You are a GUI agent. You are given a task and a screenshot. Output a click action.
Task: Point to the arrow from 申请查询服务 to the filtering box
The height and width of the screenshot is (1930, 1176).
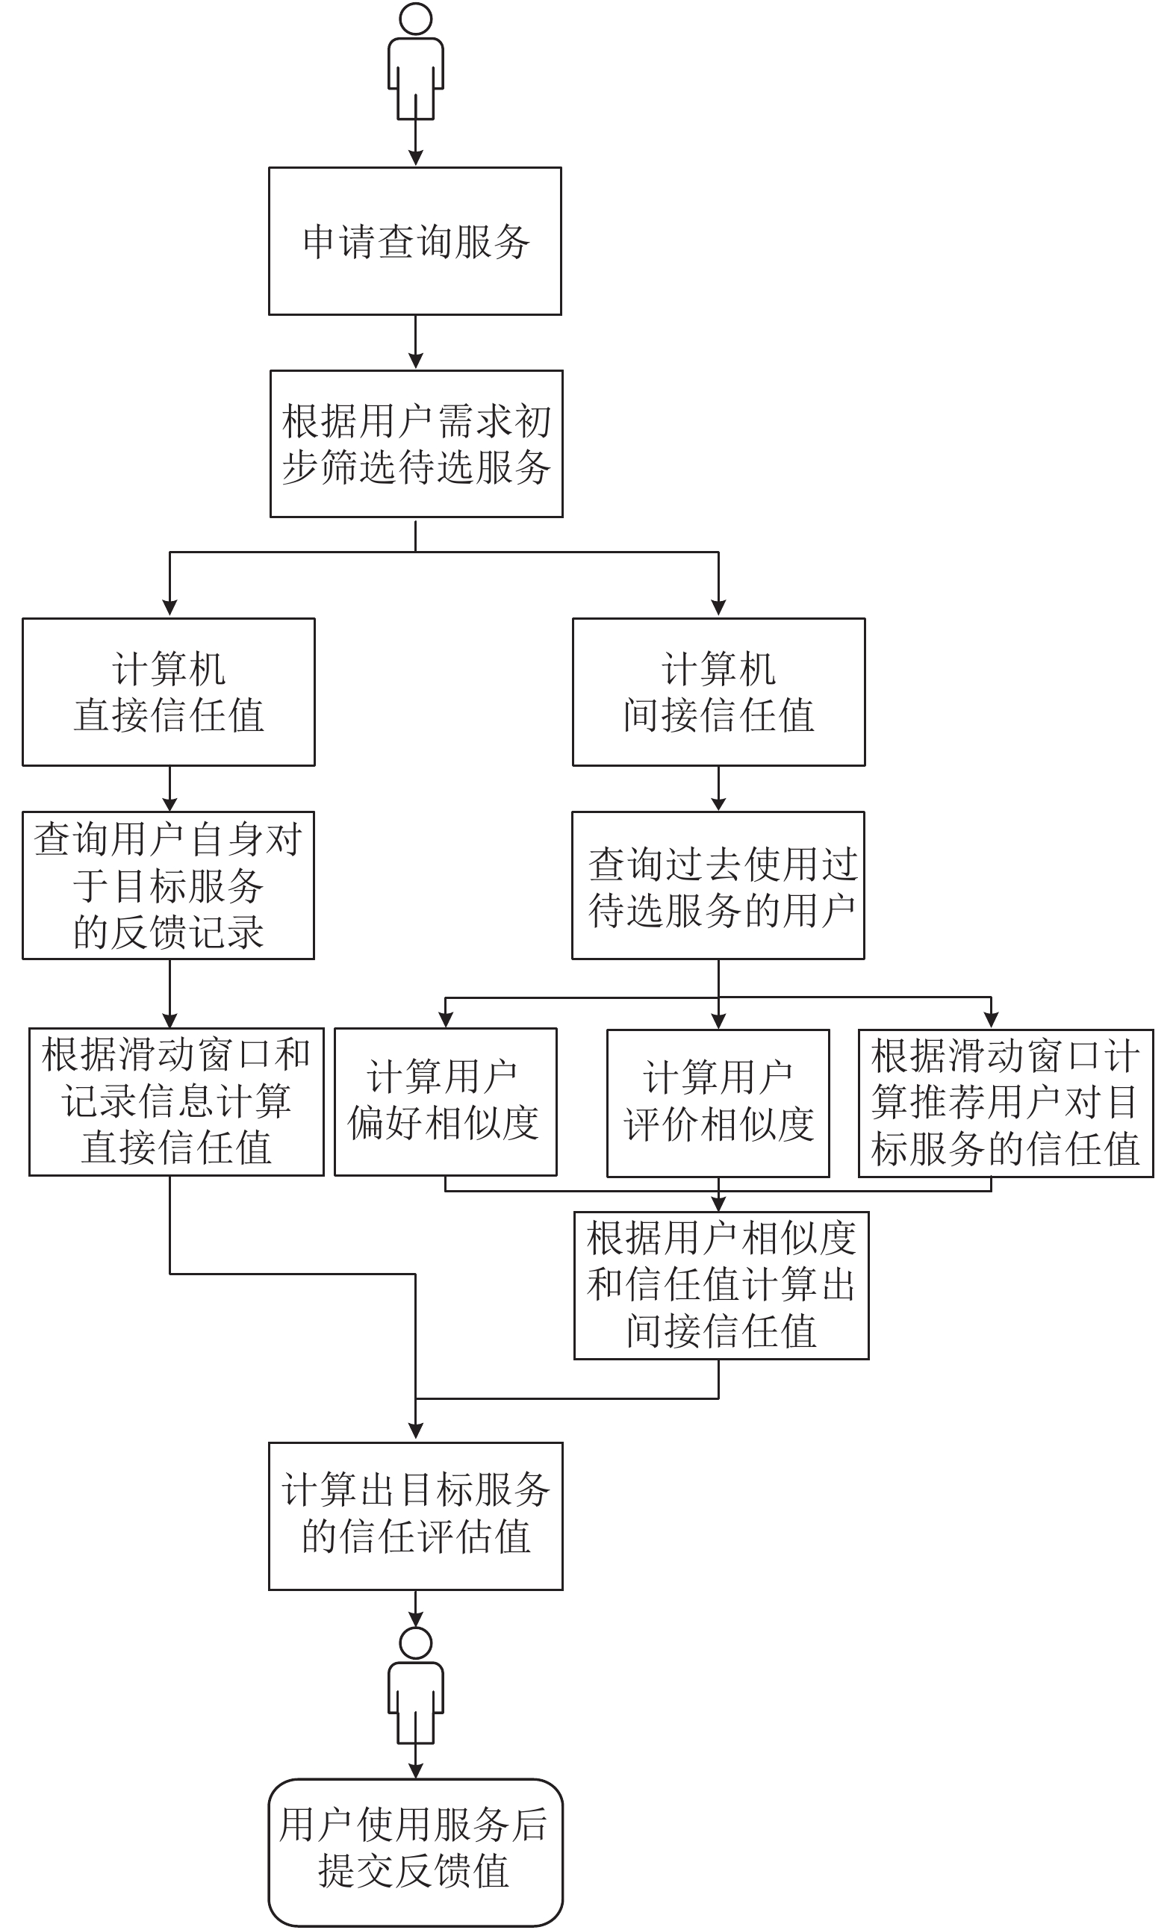click(x=416, y=342)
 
